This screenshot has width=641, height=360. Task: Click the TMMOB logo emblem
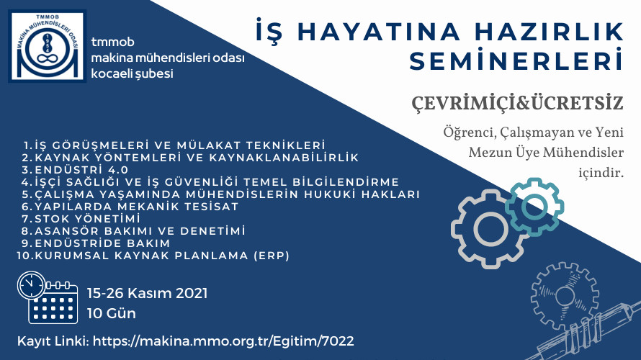[48, 46]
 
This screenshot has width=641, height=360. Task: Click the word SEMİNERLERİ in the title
[516, 60]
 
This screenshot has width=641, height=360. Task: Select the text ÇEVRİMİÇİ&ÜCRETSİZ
[517, 103]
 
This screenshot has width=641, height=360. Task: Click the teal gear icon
[534, 207]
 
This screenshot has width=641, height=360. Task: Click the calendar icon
[53, 302]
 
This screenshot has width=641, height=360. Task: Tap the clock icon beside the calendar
[32, 285]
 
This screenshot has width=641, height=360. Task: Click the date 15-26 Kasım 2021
[147, 293]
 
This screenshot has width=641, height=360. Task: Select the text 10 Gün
[111, 313]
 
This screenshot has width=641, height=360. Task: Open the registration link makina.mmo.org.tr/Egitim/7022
[223, 341]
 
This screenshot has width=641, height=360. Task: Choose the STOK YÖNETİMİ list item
[81, 219]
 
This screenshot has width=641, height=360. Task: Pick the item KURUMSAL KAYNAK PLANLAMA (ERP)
[153, 256]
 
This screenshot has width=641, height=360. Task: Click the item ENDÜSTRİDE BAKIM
[96, 243]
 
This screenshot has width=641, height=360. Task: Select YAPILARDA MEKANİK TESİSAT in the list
[130, 207]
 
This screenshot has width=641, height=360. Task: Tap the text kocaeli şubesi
[132, 74]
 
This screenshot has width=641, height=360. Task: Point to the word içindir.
[601, 173]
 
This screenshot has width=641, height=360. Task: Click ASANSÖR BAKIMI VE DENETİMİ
[133, 231]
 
